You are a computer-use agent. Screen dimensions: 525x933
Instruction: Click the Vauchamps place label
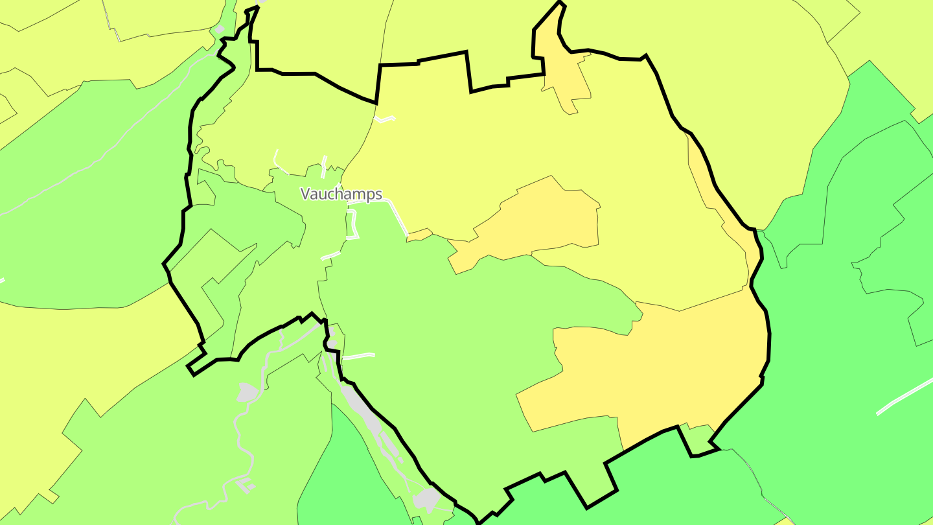(x=341, y=194)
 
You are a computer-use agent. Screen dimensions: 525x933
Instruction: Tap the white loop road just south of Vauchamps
(x=354, y=224)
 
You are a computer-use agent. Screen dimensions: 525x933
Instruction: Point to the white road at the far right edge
(x=904, y=397)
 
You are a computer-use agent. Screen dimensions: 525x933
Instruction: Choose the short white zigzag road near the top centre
(x=385, y=119)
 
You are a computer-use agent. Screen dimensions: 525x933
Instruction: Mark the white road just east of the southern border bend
(x=358, y=356)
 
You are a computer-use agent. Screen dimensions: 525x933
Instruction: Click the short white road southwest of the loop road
(x=330, y=255)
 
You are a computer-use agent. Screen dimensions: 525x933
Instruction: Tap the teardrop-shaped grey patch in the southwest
(x=248, y=392)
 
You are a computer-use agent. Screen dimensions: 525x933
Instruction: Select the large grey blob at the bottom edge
(x=426, y=499)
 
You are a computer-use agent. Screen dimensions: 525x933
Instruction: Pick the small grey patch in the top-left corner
(x=220, y=29)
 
